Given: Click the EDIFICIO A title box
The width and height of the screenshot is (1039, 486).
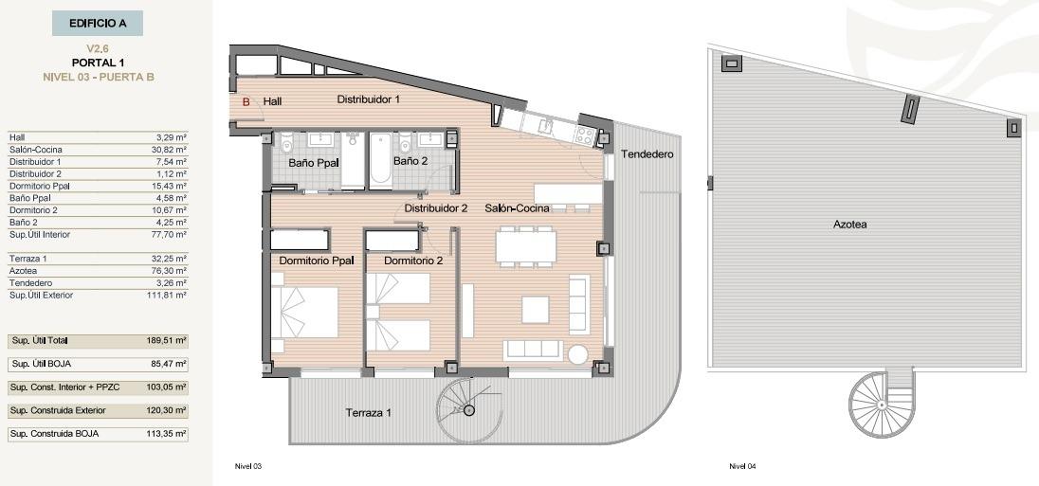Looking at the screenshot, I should (98, 23).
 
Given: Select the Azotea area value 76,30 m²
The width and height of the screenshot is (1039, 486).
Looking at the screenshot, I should (171, 271).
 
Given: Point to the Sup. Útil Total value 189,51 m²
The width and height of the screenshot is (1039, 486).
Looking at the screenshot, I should (168, 340).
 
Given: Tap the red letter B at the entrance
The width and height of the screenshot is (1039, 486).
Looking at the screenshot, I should (246, 101).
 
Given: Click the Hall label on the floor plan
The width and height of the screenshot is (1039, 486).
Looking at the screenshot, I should (273, 101).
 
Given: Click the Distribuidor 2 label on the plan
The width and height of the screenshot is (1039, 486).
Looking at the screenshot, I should (436, 208).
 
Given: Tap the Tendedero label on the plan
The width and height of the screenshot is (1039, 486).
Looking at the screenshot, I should (647, 153).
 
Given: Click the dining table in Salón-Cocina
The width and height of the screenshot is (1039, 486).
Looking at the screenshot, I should (526, 246).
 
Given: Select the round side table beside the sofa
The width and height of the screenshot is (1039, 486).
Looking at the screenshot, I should (577, 353).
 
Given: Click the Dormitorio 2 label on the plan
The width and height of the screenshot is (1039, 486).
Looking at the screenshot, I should (413, 261).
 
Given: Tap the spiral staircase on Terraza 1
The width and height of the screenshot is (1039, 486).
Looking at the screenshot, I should (468, 409).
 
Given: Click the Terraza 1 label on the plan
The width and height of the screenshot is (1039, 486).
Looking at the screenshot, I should (369, 413).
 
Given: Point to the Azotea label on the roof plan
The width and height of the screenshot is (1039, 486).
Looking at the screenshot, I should (850, 225).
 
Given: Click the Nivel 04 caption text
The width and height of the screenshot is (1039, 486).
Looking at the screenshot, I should (741, 466).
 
